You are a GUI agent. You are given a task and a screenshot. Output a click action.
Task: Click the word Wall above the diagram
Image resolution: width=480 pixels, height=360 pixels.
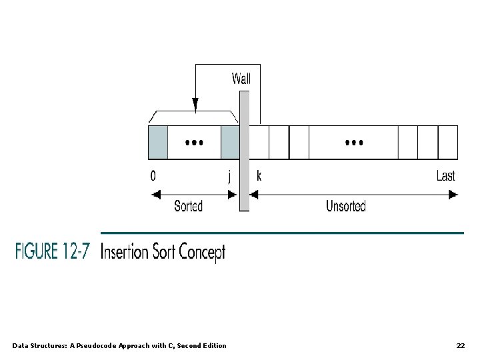tap(241, 79)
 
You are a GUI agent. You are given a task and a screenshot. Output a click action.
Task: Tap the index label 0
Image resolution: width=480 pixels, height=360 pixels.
tap(154, 177)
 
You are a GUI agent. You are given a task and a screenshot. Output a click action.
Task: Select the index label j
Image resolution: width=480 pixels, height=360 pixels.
tap(229, 177)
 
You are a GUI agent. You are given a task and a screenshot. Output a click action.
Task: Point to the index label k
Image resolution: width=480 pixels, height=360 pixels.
tap(259, 177)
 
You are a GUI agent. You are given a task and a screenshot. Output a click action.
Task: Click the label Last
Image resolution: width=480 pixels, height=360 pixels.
tap(446, 177)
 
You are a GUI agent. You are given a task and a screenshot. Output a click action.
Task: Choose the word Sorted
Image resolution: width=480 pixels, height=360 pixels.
tap(188, 206)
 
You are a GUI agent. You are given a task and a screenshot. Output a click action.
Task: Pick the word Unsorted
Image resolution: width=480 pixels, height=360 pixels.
tap(345, 206)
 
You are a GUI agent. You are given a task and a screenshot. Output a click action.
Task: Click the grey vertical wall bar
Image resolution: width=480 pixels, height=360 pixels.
tap(244, 150)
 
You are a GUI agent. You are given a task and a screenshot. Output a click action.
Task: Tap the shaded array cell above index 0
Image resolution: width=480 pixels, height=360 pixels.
tap(157, 142)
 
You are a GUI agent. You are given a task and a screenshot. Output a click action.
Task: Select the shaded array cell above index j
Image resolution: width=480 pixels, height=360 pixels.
tap(229, 142)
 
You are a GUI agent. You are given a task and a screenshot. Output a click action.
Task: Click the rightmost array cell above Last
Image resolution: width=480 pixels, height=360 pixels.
tap(447, 142)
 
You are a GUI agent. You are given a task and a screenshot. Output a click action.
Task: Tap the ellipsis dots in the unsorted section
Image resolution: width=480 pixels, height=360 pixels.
tap(353, 143)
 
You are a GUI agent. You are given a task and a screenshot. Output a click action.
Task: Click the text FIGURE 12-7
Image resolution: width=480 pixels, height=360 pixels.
tap(51, 253)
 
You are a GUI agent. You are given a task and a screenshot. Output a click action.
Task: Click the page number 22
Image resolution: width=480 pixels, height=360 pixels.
tap(460, 345)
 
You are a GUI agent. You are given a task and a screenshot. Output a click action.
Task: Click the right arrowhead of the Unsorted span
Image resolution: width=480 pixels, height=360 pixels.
tap(453, 195)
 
